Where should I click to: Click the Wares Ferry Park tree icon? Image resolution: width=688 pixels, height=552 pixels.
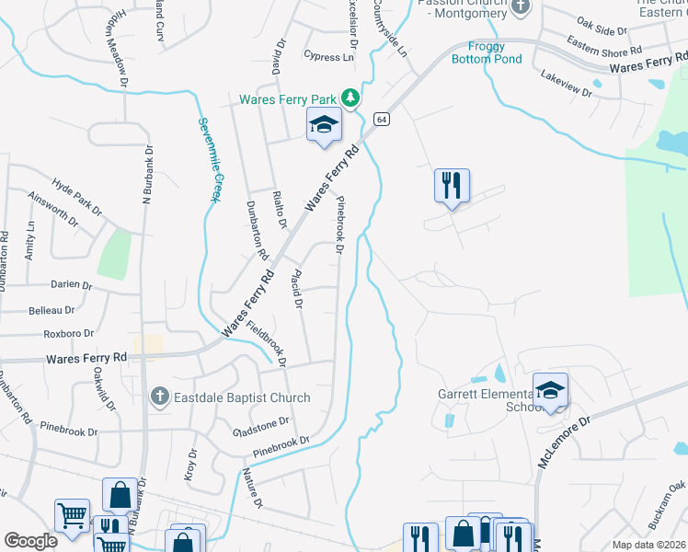(x=350, y=98)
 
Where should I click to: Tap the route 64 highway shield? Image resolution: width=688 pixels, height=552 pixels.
(x=382, y=120)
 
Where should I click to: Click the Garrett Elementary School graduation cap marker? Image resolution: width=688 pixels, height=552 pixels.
(x=550, y=390)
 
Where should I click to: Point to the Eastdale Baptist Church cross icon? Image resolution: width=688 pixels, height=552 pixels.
(x=159, y=397)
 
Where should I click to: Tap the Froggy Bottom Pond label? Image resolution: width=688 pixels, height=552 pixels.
(x=487, y=53)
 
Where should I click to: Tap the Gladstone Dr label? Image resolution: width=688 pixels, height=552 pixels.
(x=261, y=425)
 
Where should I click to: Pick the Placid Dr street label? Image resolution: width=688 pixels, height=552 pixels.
(x=297, y=290)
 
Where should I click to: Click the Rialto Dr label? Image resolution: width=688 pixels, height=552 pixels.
(x=279, y=210)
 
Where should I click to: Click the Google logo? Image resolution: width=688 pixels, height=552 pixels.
(x=30, y=541)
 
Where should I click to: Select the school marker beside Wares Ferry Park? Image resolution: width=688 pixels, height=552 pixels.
(x=324, y=126)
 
